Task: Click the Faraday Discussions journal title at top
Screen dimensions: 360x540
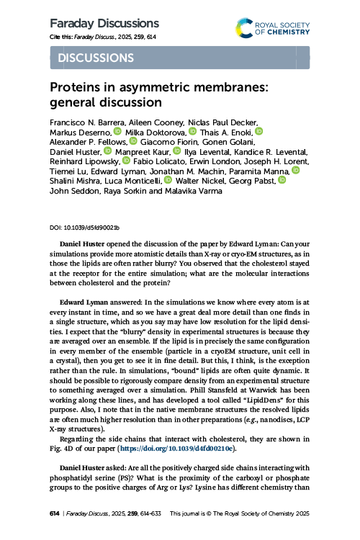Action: (x=104, y=24)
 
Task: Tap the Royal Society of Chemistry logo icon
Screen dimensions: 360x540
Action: (x=245, y=29)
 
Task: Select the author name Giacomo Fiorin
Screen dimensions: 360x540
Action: (x=166, y=142)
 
